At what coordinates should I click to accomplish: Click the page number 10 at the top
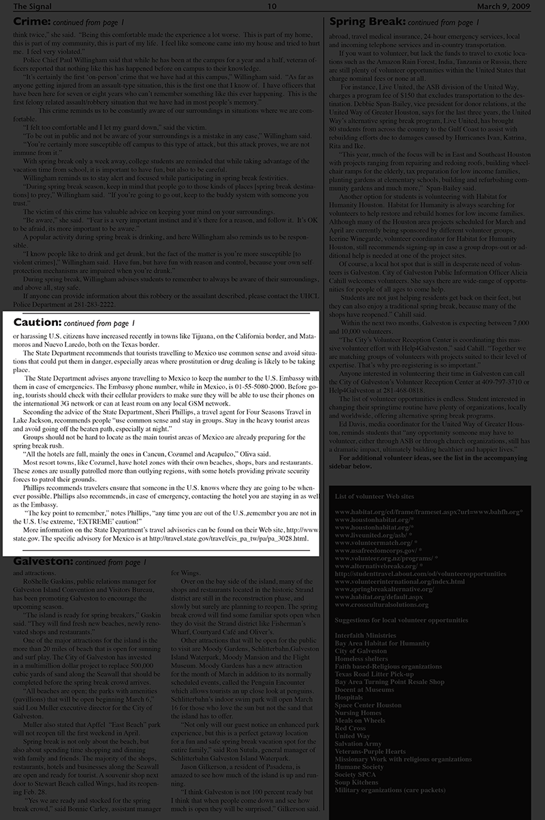[272, 7]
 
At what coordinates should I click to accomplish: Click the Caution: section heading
[37, 321]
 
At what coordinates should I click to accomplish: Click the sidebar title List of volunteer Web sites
[373, 496]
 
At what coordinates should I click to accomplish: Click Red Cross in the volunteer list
[350, 728]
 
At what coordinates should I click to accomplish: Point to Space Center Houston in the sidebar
[368, 705]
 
